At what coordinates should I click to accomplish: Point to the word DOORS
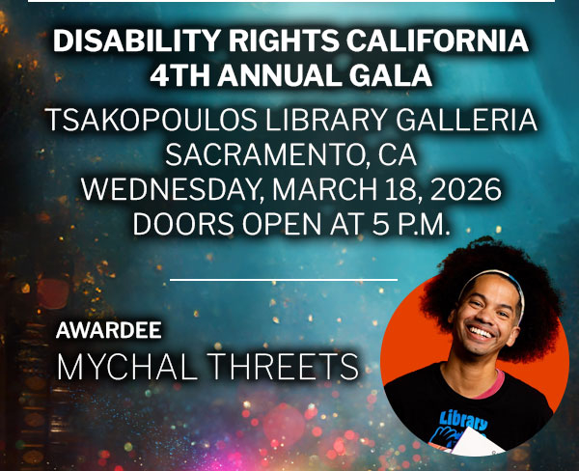(183, 224)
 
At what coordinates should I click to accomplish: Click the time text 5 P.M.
(411, 224)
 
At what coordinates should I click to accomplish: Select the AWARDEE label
(108, 330)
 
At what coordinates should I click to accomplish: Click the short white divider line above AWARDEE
(284, 280)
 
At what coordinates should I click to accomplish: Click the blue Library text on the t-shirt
(464, 421)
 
